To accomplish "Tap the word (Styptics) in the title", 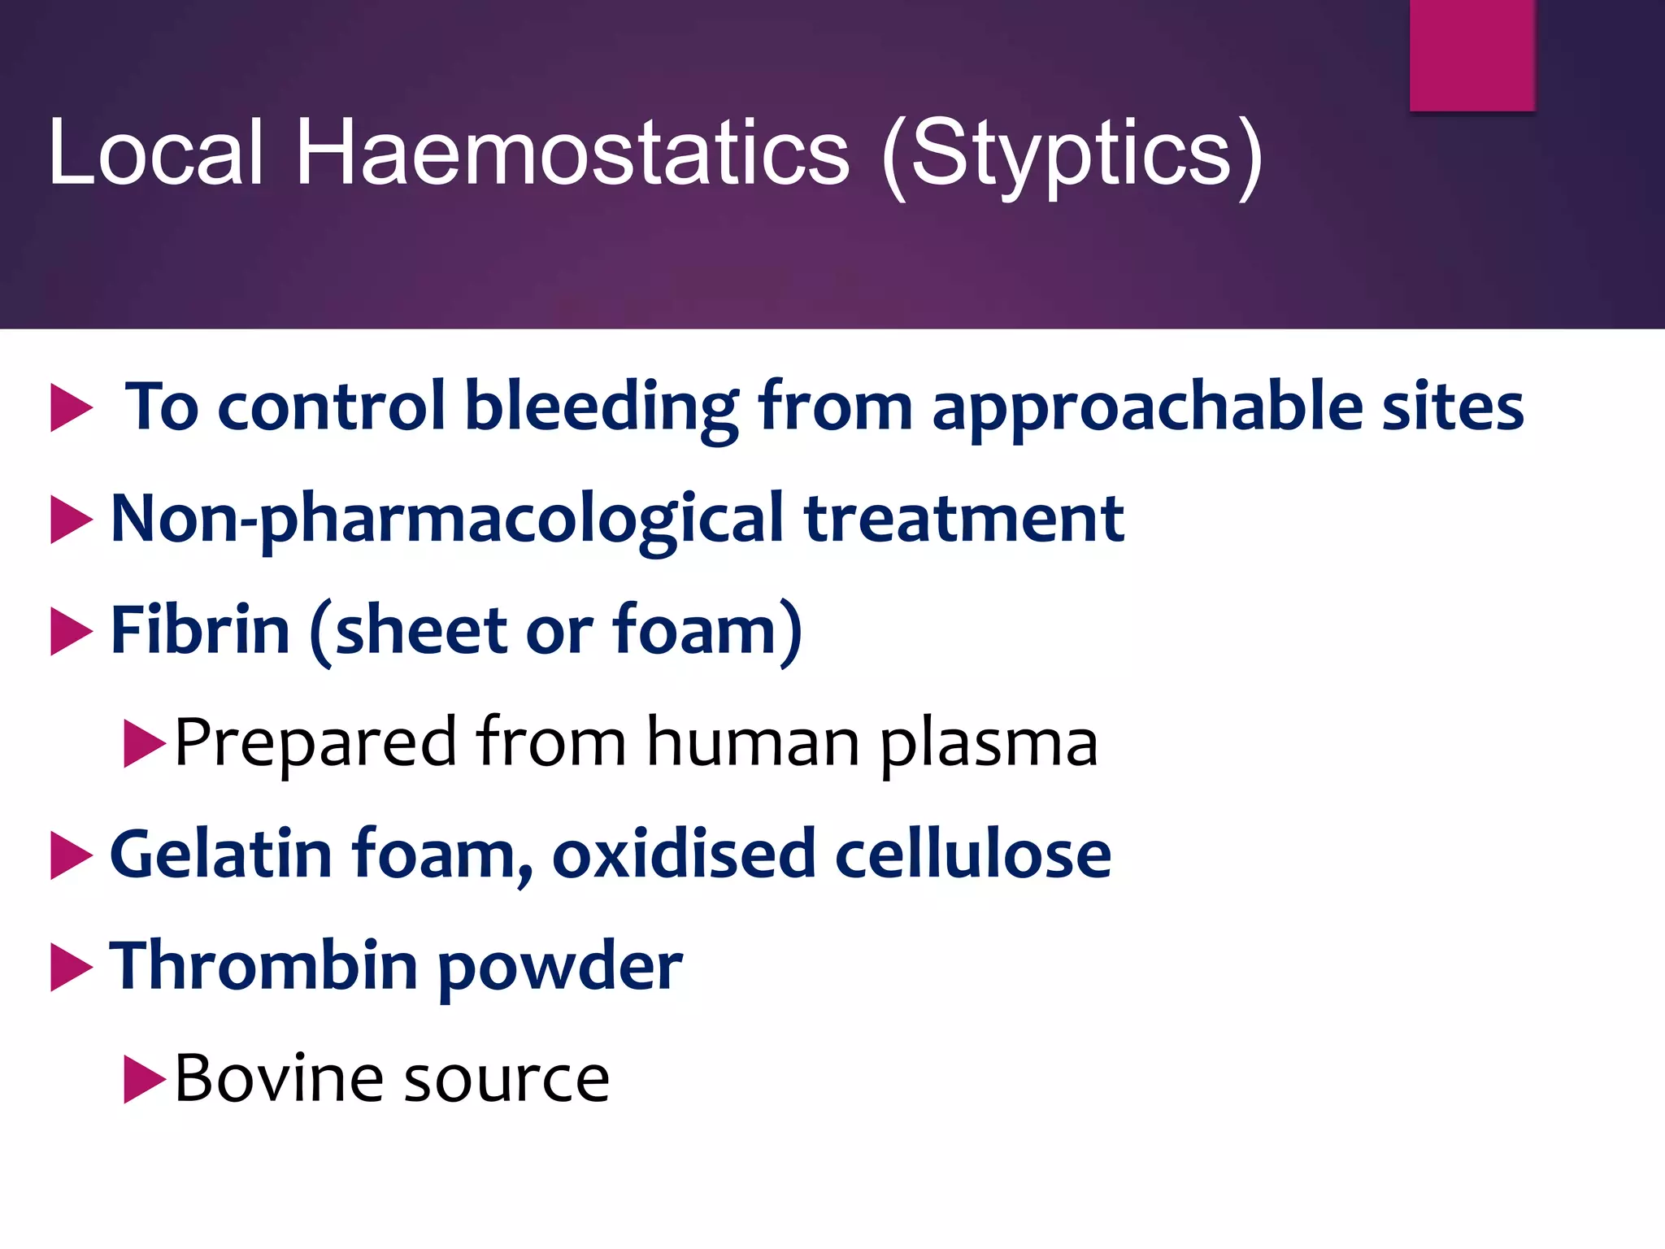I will click(1072, 154).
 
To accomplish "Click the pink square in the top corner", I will click(1472, 54).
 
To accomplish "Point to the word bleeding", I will click(601, 407).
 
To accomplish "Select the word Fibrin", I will click(200, 630).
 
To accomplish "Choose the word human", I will click(753, 742).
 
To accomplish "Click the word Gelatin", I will click(221, 854).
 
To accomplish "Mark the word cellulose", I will click(973, 854).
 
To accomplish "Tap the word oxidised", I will click(683, 854).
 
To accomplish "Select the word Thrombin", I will click(264, 966).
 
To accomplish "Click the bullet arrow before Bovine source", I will click(143, 1079).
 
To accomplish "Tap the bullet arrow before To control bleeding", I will click(71, 407).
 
